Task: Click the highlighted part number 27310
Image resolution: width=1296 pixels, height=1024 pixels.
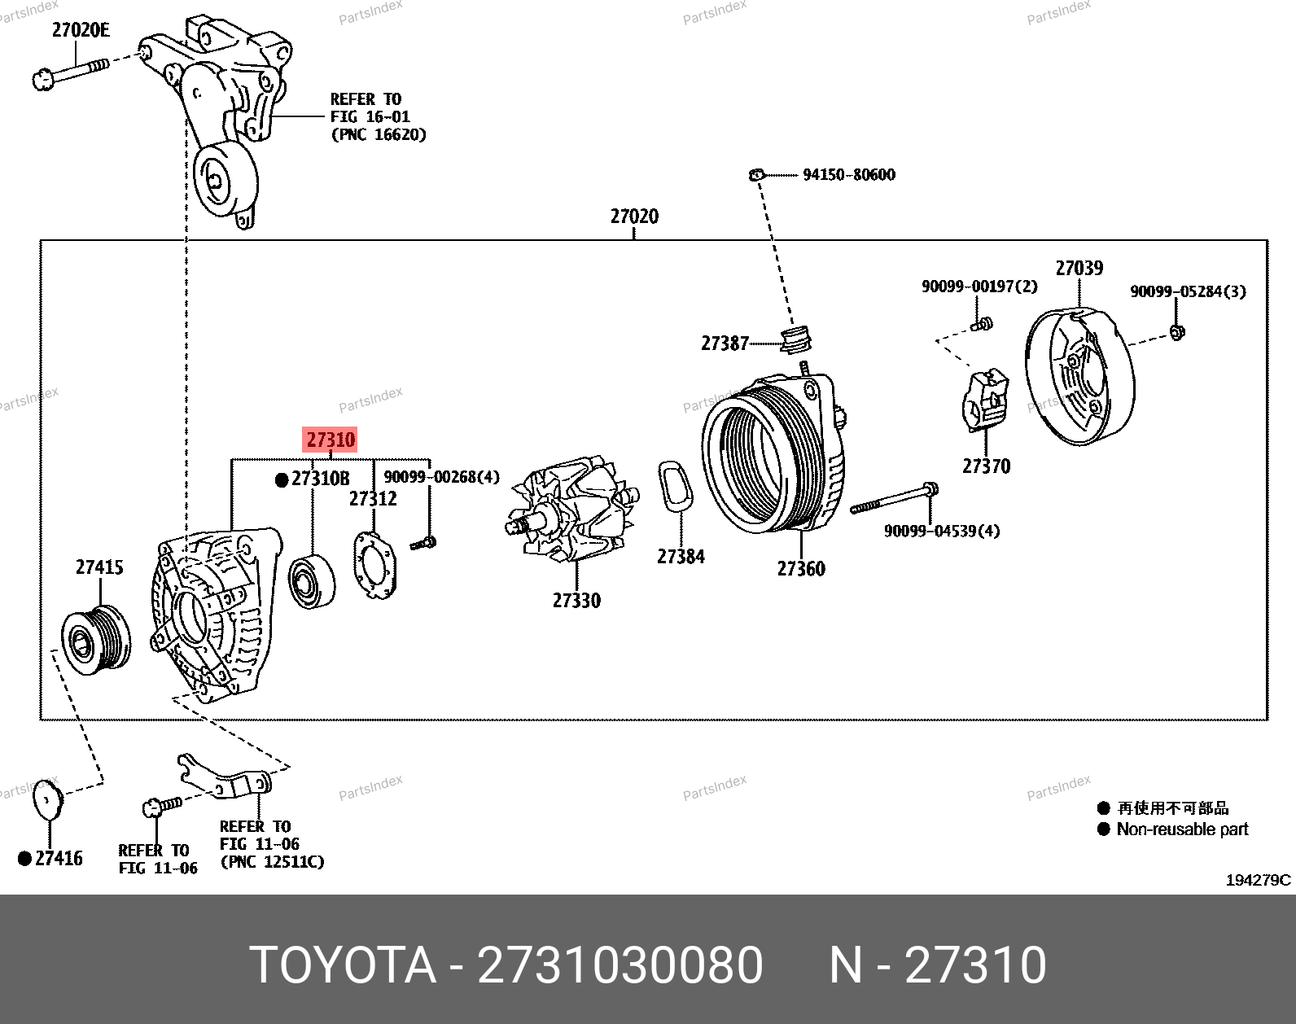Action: tap(331, 440)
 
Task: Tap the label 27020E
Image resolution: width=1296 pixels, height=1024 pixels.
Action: tap(81, 31)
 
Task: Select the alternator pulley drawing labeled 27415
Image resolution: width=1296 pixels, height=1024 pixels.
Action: tap(96, 640)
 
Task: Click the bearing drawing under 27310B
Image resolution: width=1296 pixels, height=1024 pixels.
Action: tap(311, 580)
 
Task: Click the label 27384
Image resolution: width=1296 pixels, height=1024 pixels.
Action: tap(681, 557)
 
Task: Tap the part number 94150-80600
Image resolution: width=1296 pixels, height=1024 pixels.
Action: tap(848, 175)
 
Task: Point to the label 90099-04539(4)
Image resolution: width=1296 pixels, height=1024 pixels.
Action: tap(942, 532)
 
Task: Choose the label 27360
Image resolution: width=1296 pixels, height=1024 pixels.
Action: tap(801, 569)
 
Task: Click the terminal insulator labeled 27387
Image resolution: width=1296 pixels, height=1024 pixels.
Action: tap(795, 340)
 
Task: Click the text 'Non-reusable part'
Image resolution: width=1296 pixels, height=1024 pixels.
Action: tap(1182, 829)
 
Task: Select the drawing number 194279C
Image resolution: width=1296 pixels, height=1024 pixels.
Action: tap(1258, 880)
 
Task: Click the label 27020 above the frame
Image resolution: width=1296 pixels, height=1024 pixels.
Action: tap(634, 217)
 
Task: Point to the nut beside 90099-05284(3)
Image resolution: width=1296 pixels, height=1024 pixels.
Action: tap(1176, 331)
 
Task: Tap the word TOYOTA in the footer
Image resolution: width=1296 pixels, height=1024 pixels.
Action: tap(343, 965)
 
